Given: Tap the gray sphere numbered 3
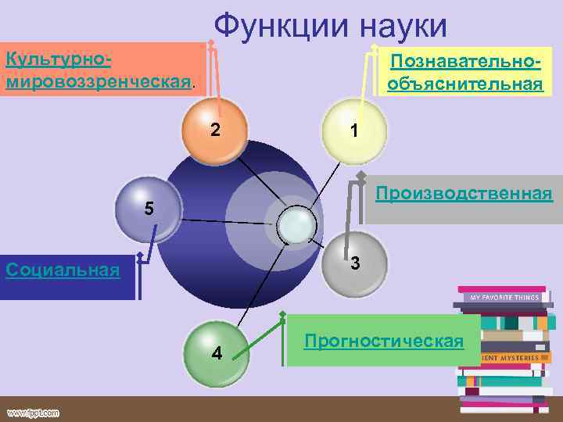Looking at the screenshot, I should click(353, 263).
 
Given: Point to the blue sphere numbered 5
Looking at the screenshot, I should click(147, 209).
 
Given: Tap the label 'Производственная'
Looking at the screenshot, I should click(464, 193).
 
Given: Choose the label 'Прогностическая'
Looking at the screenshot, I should click(384, 341).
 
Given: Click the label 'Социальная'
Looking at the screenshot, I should click(63, 270).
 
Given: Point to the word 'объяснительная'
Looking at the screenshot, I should click(464, 84).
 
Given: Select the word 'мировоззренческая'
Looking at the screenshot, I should click(98, 80).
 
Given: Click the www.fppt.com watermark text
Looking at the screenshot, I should click(34, 412).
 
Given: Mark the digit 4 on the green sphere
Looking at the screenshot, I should click(217, 353).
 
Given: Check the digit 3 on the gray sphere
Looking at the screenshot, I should click(355, 263).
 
